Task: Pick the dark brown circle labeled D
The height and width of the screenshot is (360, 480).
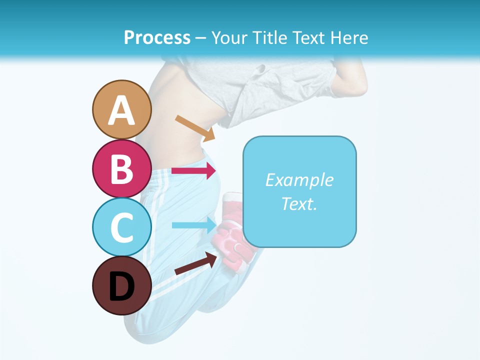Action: click(121, 285)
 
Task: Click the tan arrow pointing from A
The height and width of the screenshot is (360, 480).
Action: click(195, 127)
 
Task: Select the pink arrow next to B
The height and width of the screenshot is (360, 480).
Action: click(193, 170)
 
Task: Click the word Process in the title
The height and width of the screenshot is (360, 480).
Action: click(157, 38)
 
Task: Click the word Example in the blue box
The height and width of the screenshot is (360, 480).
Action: click(299, 180)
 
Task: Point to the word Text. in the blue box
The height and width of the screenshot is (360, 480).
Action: click(299, 204)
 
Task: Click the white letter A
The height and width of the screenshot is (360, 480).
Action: click(121, 110)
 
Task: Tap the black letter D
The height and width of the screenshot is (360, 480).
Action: click(121, 287)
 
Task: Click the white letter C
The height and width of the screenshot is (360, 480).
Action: click(121, 228)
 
